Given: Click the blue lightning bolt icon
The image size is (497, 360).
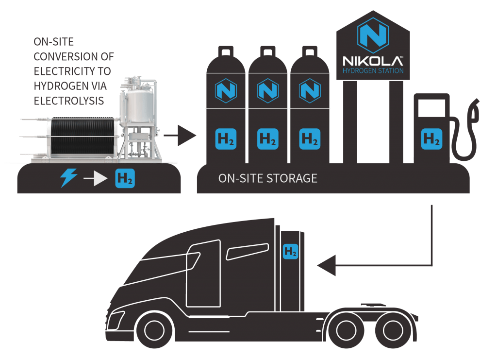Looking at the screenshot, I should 68,179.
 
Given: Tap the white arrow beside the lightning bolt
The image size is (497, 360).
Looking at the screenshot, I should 95,179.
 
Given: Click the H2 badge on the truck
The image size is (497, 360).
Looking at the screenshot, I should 291,252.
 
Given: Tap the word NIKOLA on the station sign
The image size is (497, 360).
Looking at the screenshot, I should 372,62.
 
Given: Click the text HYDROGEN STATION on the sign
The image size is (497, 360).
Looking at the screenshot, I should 372,71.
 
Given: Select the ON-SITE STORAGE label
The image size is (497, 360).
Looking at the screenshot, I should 268,178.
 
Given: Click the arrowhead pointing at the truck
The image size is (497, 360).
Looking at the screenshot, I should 325,266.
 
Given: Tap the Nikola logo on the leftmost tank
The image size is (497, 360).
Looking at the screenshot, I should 226,90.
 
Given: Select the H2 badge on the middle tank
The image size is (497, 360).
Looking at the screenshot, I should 268,138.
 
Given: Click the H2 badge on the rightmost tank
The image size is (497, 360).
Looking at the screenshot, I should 309,138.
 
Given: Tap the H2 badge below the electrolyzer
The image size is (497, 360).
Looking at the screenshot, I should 125,179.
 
